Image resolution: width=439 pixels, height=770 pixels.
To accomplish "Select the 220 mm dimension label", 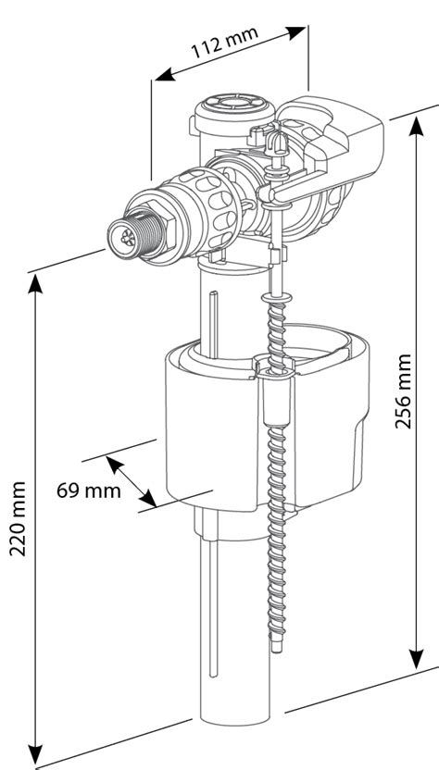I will pyautogui.click(x=17, y=518).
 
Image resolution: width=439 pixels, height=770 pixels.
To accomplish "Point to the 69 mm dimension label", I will pyautogui.click(x=89, y=490).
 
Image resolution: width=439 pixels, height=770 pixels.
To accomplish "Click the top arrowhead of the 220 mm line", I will pyautogui.click(x=36, y=281).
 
